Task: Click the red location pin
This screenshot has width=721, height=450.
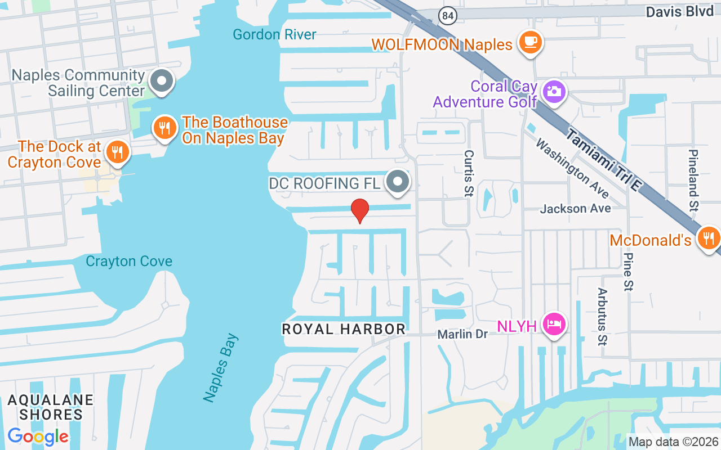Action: (360, 210)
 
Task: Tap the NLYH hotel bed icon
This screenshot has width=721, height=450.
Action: (554, 324)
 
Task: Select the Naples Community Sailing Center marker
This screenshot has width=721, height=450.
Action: (162, 80)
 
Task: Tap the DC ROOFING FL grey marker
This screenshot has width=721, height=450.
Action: (399, 182)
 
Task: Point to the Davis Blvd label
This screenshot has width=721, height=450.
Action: (679, 12)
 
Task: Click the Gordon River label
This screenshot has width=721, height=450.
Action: (274, 34)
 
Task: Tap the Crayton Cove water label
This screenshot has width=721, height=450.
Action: (129, 261)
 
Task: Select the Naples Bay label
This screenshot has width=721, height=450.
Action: (221, 368)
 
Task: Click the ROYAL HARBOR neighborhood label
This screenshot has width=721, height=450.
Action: (344, 329)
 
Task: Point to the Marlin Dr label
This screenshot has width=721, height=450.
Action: (462, 334)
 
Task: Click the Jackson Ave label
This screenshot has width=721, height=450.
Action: (575, 209)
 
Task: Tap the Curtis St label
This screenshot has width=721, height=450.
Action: (469, 173)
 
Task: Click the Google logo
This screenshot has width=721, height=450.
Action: (38, 436)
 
